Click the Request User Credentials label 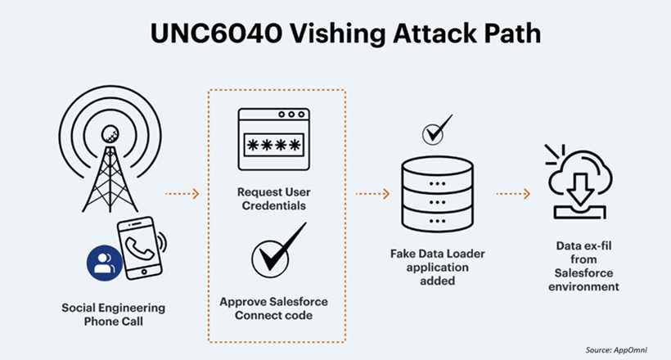pyautogui.click(x=273, y=198)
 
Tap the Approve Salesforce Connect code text pyautogui.click(x=273, y=308)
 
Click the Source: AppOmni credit pyautogui.click(x=619, y=349)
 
